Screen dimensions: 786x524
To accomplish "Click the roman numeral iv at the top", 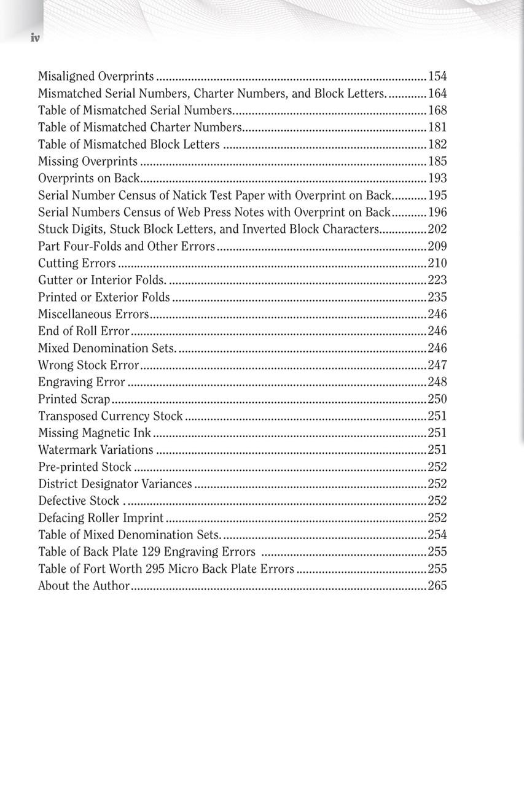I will tap(35, 38).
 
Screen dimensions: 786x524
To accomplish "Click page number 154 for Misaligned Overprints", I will tap(437, 76).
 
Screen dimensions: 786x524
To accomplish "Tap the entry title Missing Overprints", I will tap(88, 161).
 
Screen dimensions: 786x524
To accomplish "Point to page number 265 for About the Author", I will tap(437, 586).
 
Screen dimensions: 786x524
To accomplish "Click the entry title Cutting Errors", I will tap(77, 263).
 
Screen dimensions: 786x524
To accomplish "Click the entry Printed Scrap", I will tap(74, 399).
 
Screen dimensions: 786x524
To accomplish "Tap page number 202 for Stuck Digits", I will tap(437, 229).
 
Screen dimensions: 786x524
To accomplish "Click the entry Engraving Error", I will tap(82, 382).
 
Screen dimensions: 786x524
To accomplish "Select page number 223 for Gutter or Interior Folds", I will tap(437, 280).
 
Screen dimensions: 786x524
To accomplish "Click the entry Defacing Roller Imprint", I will tap(101, 518).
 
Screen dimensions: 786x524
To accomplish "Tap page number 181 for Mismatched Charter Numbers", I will tap(437, 127).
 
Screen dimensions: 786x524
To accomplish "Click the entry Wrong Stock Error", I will tap(88, 365).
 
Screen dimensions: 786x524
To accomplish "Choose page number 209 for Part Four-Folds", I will tap(437, 246).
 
